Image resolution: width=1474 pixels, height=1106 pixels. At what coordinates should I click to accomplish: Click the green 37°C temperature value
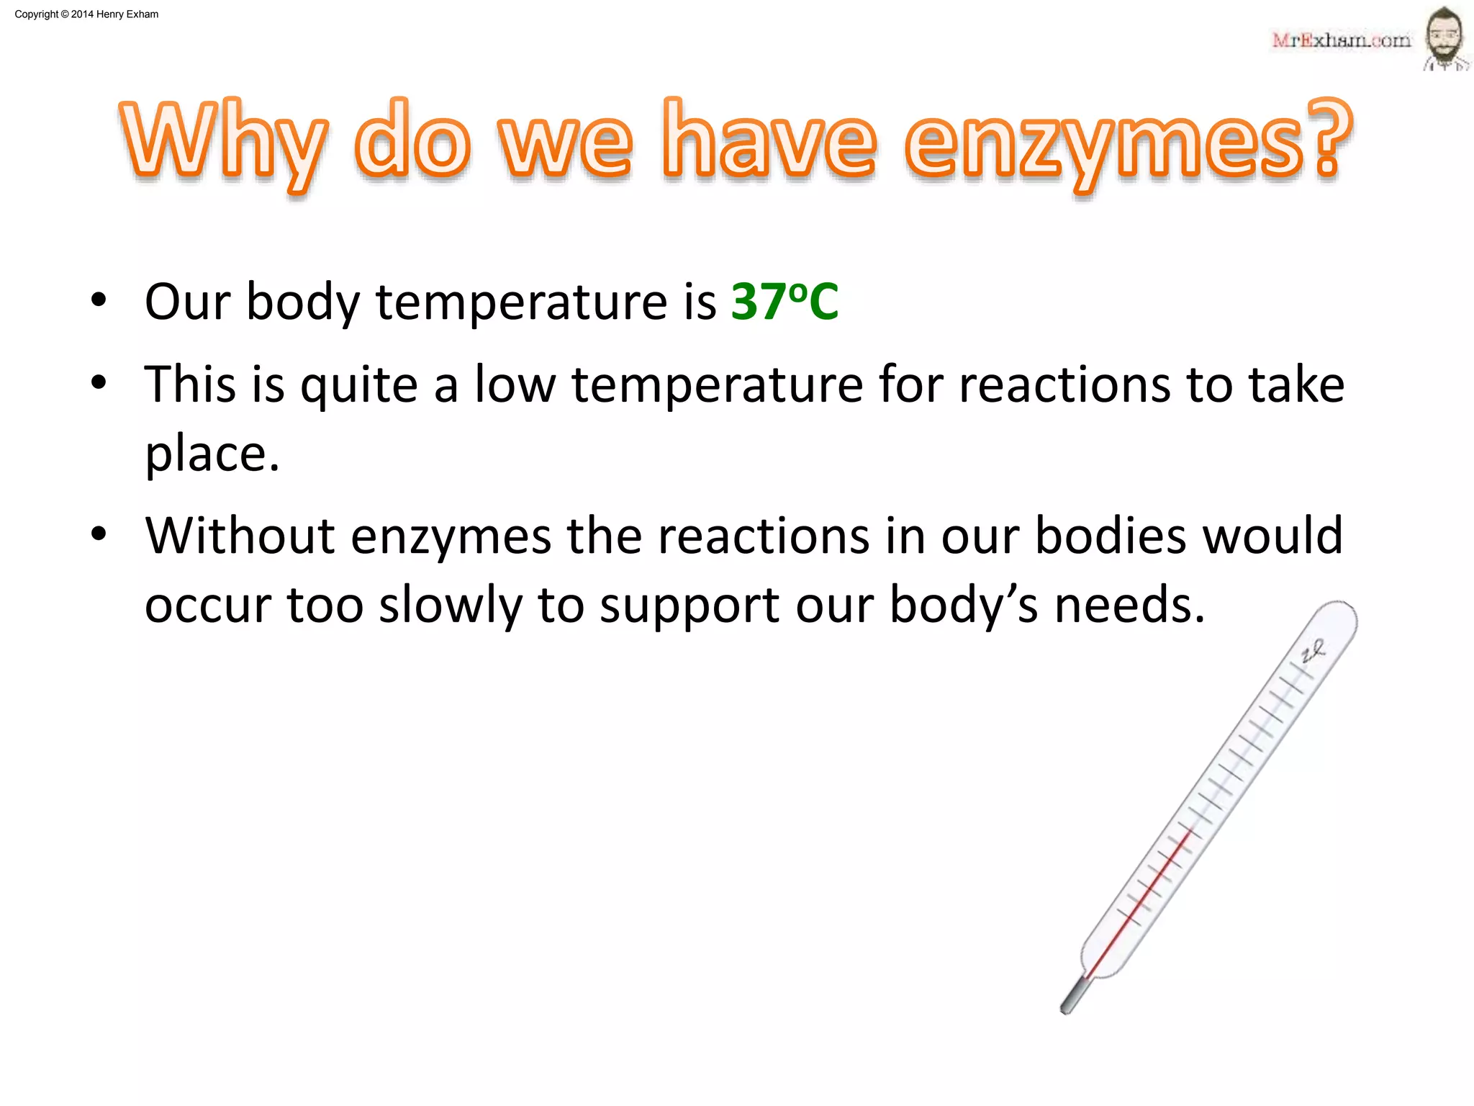(785, 302)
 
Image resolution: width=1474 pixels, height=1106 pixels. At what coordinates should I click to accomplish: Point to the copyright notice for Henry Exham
(86, 14)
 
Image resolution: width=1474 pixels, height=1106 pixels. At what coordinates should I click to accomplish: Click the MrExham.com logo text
(1341, 40)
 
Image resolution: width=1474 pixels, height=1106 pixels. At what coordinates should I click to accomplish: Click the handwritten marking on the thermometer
(1313, 652)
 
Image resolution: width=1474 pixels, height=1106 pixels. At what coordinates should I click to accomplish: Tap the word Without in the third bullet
(240, 536)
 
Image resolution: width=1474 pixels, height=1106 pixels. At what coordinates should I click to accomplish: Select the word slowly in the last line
(451, 605)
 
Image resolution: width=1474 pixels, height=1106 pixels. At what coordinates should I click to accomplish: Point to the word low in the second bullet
(515, 385)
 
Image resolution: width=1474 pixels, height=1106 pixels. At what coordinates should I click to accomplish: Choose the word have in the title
(769, 140)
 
